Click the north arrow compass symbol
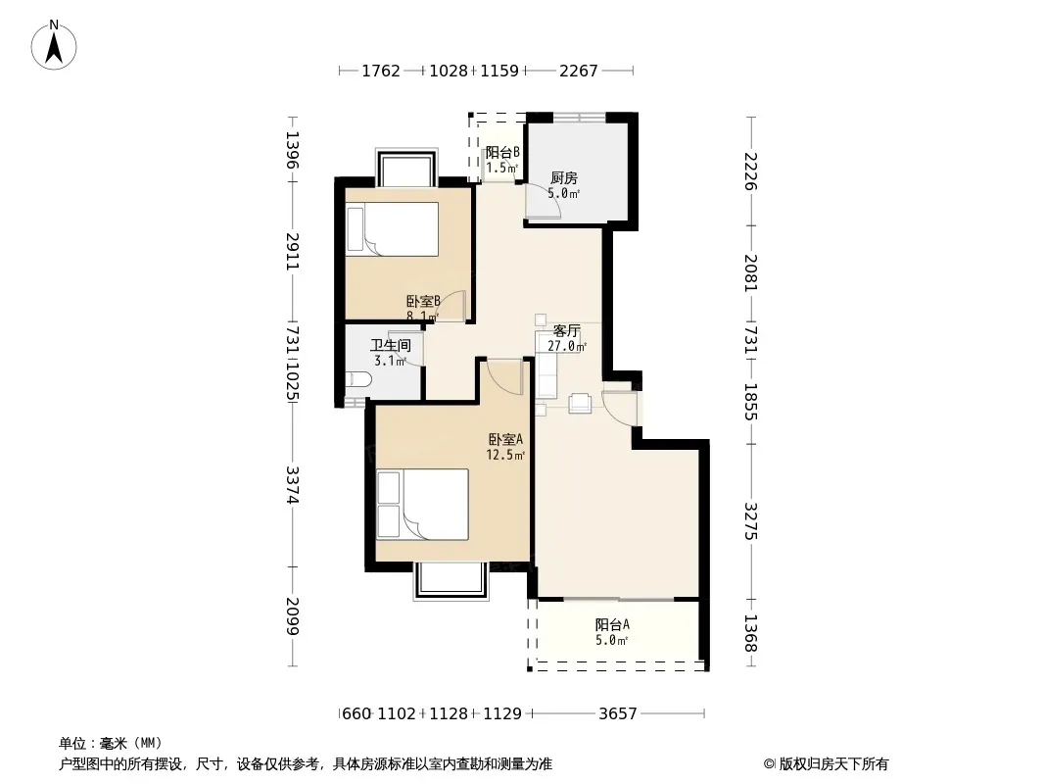(x=54, y=45)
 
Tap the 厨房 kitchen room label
(x=563, y=177)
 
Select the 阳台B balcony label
(x=502, y=153)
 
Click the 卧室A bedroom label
(x=505, y=440)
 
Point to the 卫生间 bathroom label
(x=390, y=346)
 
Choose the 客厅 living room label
(x=567, y=331)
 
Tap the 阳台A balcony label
(x=612, y=625)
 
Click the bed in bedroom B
(x=392, y=229)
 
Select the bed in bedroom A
(x=423, y=505)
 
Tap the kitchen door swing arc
(x=544, y=201)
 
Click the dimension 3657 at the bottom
(x=617, y=714)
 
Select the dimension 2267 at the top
(x=578, y=71)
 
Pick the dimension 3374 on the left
(x=292, y=484)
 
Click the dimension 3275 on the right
(x=750, y=520)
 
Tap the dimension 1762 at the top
(x=381, y=71)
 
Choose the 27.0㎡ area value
(x=567, y=346)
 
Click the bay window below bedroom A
(x=451, y=580)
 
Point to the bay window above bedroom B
(x=406, y=168)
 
